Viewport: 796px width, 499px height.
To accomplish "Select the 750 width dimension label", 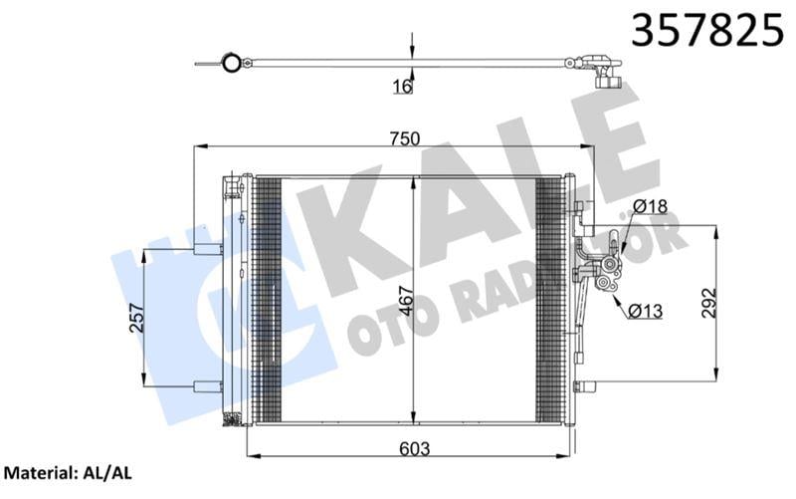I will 404,138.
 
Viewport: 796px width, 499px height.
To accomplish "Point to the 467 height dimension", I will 402,299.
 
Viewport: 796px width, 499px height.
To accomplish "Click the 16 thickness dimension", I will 402,87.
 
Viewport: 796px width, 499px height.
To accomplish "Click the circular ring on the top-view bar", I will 231,65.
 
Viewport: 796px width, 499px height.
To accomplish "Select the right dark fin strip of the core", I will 549,299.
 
